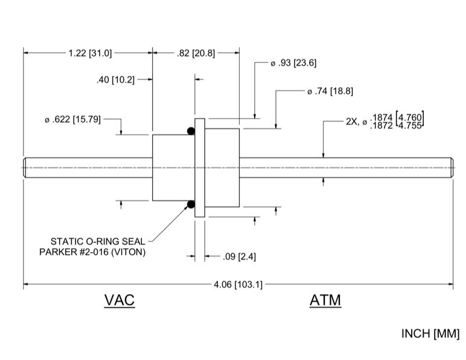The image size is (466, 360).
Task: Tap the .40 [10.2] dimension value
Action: [x=116, y=80]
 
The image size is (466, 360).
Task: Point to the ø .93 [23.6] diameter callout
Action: [x=293, y=63]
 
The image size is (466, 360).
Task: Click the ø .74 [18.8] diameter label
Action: [x=330, y=92]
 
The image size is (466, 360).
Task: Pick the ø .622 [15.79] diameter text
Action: [x=72, y=120]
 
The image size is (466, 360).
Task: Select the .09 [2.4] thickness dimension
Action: [x=239, y=257]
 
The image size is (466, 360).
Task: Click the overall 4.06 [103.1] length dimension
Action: [x=238, y=284]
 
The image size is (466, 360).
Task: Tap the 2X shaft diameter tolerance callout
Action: [x=385, y=121]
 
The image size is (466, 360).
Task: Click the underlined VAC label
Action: [x=120, y=300]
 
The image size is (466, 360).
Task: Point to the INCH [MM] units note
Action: [x=430, y=333]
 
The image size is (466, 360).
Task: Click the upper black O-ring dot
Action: [x=191, y=131]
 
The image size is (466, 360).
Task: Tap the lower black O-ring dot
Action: [x=191, y=205]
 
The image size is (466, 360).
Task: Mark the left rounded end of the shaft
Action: [x=26, y=168]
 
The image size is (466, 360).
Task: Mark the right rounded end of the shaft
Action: [x=451, y=168]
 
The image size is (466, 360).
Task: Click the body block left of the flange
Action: [x=172, y=168]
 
